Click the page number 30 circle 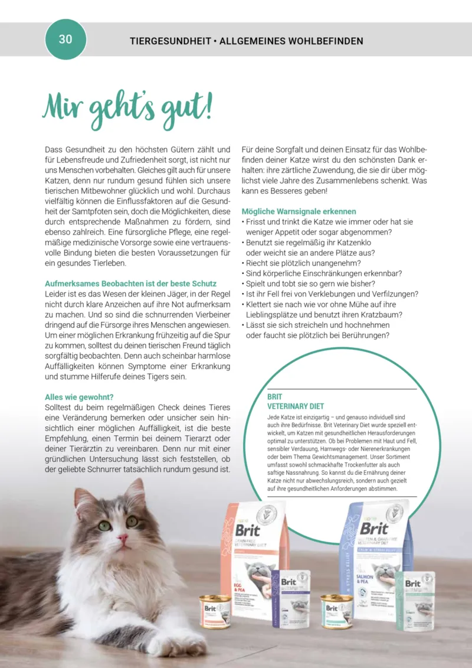[x=65, y=40]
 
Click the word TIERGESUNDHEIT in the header [x=170, y=41]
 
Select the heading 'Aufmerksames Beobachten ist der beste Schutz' [x=130, y=284]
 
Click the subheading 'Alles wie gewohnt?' [x=79, y=397]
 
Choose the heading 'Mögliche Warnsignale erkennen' [x=299, y=211]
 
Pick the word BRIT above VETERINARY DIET [x=275, y=397]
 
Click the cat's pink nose [x=123, y=539]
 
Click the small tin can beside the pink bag [x=215, y=611]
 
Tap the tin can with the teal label [x=337, y=610]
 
